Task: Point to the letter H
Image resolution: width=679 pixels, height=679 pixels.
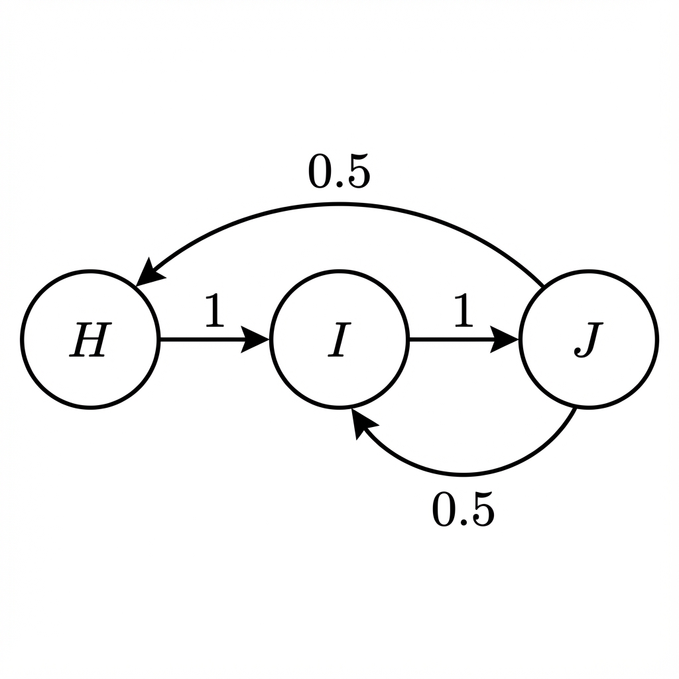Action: point(89,342)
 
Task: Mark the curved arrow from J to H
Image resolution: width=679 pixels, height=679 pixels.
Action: point(338,206)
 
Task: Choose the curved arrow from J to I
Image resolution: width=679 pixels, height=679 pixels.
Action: point(464,473)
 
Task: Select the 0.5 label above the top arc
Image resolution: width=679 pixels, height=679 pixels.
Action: point(339,173)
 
